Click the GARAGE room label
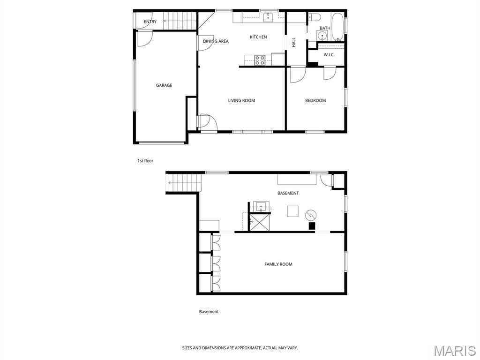[164, 85]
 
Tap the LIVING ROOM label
[241, 100]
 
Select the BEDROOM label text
[315, 100]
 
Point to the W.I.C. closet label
[329, 55]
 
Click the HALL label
[294, 42]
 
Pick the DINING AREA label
[216, 41]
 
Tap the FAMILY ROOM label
[278, 264]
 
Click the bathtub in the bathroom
[337, 27]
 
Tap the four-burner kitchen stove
[260, 60]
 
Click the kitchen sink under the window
[268, 17]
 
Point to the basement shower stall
[259, 222]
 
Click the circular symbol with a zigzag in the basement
[311, 216]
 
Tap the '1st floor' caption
[145, 161]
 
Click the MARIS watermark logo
[454, 351]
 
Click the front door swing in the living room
[207, 122]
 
